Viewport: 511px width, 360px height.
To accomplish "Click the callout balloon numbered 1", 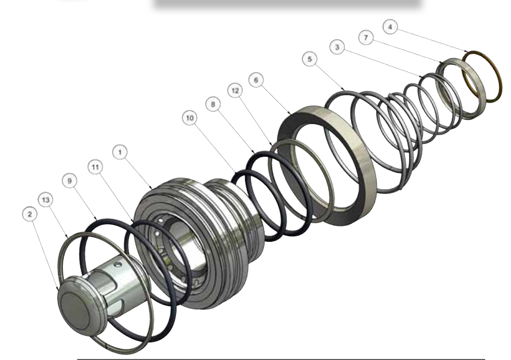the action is [x=120, y=152].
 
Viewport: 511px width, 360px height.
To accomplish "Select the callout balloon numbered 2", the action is [x=30, y=214].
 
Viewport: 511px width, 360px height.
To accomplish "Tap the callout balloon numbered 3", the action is [x=337, y=47].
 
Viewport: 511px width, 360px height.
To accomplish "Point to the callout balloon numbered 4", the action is [x=390, y=27].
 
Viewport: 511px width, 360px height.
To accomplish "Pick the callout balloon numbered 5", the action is [x=310, y=59].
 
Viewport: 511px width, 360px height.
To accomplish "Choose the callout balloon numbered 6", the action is [x=256, y=80].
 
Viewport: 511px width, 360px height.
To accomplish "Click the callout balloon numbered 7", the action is [x=366, y=37].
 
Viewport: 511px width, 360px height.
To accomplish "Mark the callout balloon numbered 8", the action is [x=213, y=104].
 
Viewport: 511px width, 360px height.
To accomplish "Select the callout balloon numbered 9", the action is [x=69, y=181].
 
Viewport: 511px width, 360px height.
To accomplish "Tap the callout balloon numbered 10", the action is [x=190, y=118].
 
